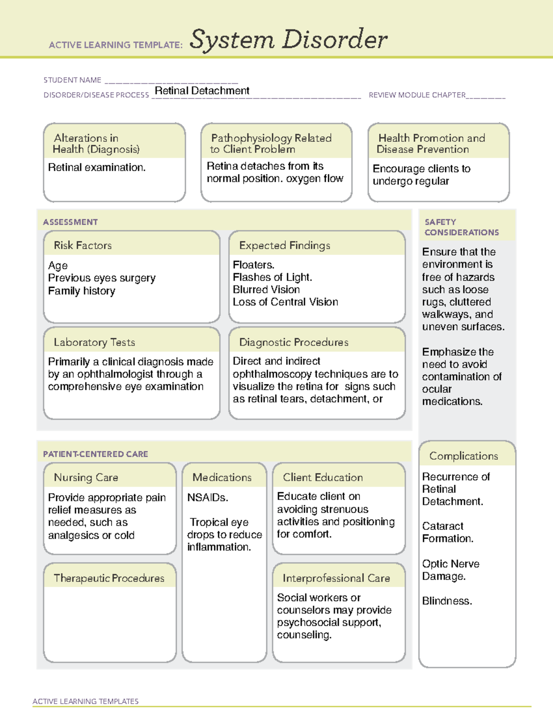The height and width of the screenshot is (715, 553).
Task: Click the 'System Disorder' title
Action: (288, 40)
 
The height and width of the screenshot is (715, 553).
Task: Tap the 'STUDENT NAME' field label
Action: (72, 80)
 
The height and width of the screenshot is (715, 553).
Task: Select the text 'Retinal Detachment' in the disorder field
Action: (202, 91)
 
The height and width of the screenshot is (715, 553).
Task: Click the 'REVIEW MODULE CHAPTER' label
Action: (417, 95)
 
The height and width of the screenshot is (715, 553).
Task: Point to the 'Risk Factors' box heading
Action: (82, 245)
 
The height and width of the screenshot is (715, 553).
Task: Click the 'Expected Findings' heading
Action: (284, 245)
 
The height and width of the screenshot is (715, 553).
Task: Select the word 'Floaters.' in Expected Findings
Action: (253, 265)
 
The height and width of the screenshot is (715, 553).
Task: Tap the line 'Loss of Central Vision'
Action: (285, 302)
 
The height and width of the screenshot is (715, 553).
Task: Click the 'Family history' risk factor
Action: (82, 291)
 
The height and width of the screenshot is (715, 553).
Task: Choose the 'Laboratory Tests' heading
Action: (94, 342)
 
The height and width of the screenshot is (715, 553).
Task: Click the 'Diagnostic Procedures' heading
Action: (294, 342)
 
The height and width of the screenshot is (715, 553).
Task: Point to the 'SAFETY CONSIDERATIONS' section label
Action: (461, 227)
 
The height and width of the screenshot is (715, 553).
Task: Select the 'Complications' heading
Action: (464, 456)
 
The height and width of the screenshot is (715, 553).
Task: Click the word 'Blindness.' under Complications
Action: (447, 601)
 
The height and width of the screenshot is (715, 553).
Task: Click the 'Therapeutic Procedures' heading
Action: (109, 578)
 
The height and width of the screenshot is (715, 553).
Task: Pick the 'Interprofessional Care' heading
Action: (336, 578)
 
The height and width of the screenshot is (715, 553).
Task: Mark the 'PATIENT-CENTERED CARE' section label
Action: (95, 454)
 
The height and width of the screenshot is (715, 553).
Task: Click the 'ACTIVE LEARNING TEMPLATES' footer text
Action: (85, 701)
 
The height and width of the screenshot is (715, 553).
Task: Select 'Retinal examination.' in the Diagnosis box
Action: (97, 168)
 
